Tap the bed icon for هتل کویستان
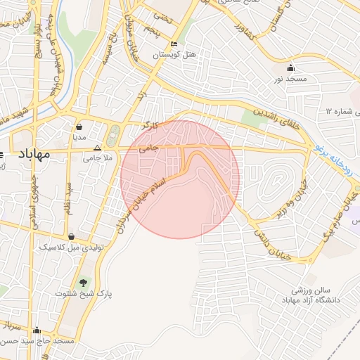coord(174,44)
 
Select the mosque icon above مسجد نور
coord(291,68)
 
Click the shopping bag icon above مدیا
coord(79,128)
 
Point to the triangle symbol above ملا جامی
coord(98,148)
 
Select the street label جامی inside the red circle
coord(149,148)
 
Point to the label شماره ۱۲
coord(342,112)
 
